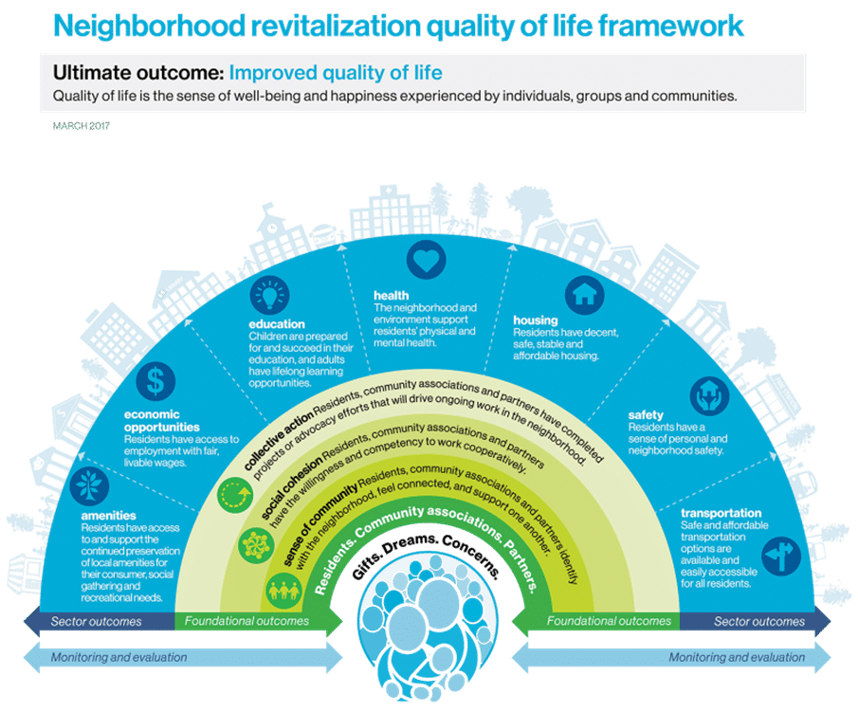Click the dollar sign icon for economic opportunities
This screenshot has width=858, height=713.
[155, 381]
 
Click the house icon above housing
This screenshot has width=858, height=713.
[584, 294]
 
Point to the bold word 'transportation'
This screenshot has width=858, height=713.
[721, 513]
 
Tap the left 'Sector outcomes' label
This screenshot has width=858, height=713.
[97, 622]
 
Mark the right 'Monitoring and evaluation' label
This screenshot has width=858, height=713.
[737, 656]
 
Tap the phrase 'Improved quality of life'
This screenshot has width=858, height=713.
[336, 73]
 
